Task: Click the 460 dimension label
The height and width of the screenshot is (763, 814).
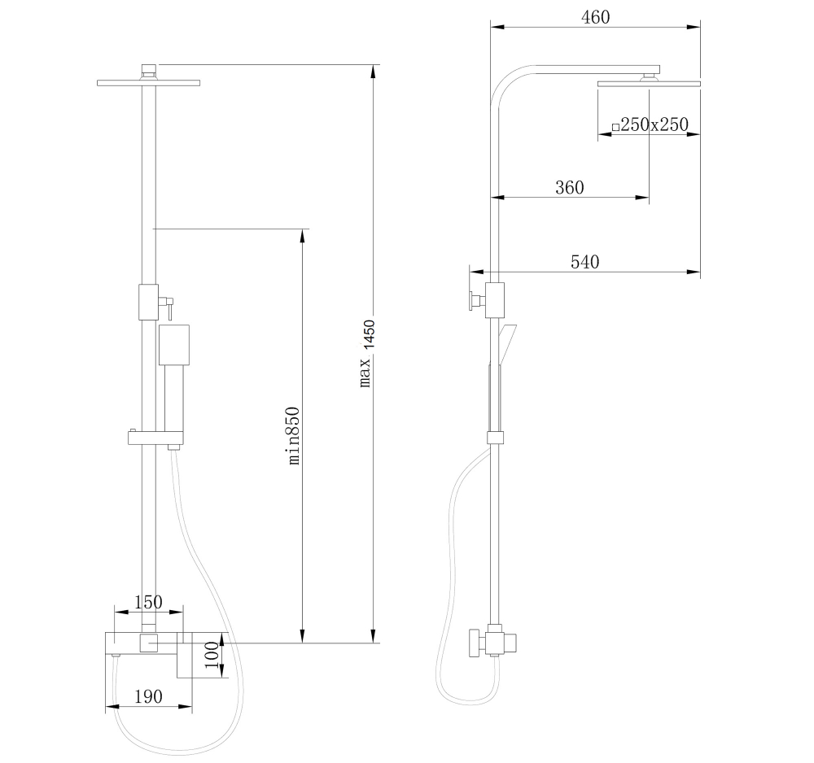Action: point(595,16)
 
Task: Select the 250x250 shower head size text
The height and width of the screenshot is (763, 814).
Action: point(654,124)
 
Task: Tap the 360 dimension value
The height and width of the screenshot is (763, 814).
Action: point(569,187)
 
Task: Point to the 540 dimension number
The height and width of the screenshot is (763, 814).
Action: point(584,262)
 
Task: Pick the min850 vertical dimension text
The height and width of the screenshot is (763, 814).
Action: point(294,435)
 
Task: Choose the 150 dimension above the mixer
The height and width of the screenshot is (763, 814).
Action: point(147,602)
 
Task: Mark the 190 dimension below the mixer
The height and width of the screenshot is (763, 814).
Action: point(147,696)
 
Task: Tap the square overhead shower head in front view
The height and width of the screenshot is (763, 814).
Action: point(147,82)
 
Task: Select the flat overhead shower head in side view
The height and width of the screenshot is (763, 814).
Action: point(649,83)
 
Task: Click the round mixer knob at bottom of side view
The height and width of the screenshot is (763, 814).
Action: point(475,643)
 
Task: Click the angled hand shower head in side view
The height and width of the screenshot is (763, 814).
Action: point(506,342)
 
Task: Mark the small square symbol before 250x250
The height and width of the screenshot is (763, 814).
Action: point(615,127)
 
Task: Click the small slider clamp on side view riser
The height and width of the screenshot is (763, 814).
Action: point(495,437)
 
